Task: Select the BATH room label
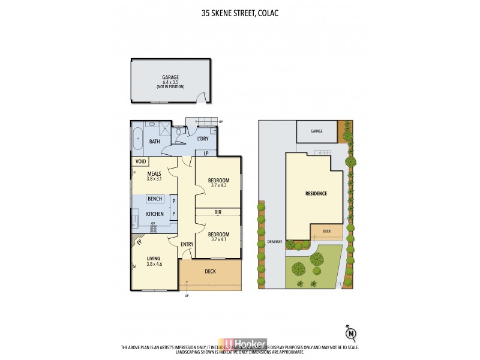click(154, 142)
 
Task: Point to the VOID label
click(141, 161)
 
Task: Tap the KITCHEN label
click(155, 214)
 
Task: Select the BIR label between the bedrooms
click(218, 212)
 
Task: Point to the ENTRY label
click(187, 244)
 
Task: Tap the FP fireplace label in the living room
click(139, 242)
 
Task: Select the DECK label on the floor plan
click(210, 272)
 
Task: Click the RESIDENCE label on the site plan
click(316, 194)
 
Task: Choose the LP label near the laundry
click(206, 152)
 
